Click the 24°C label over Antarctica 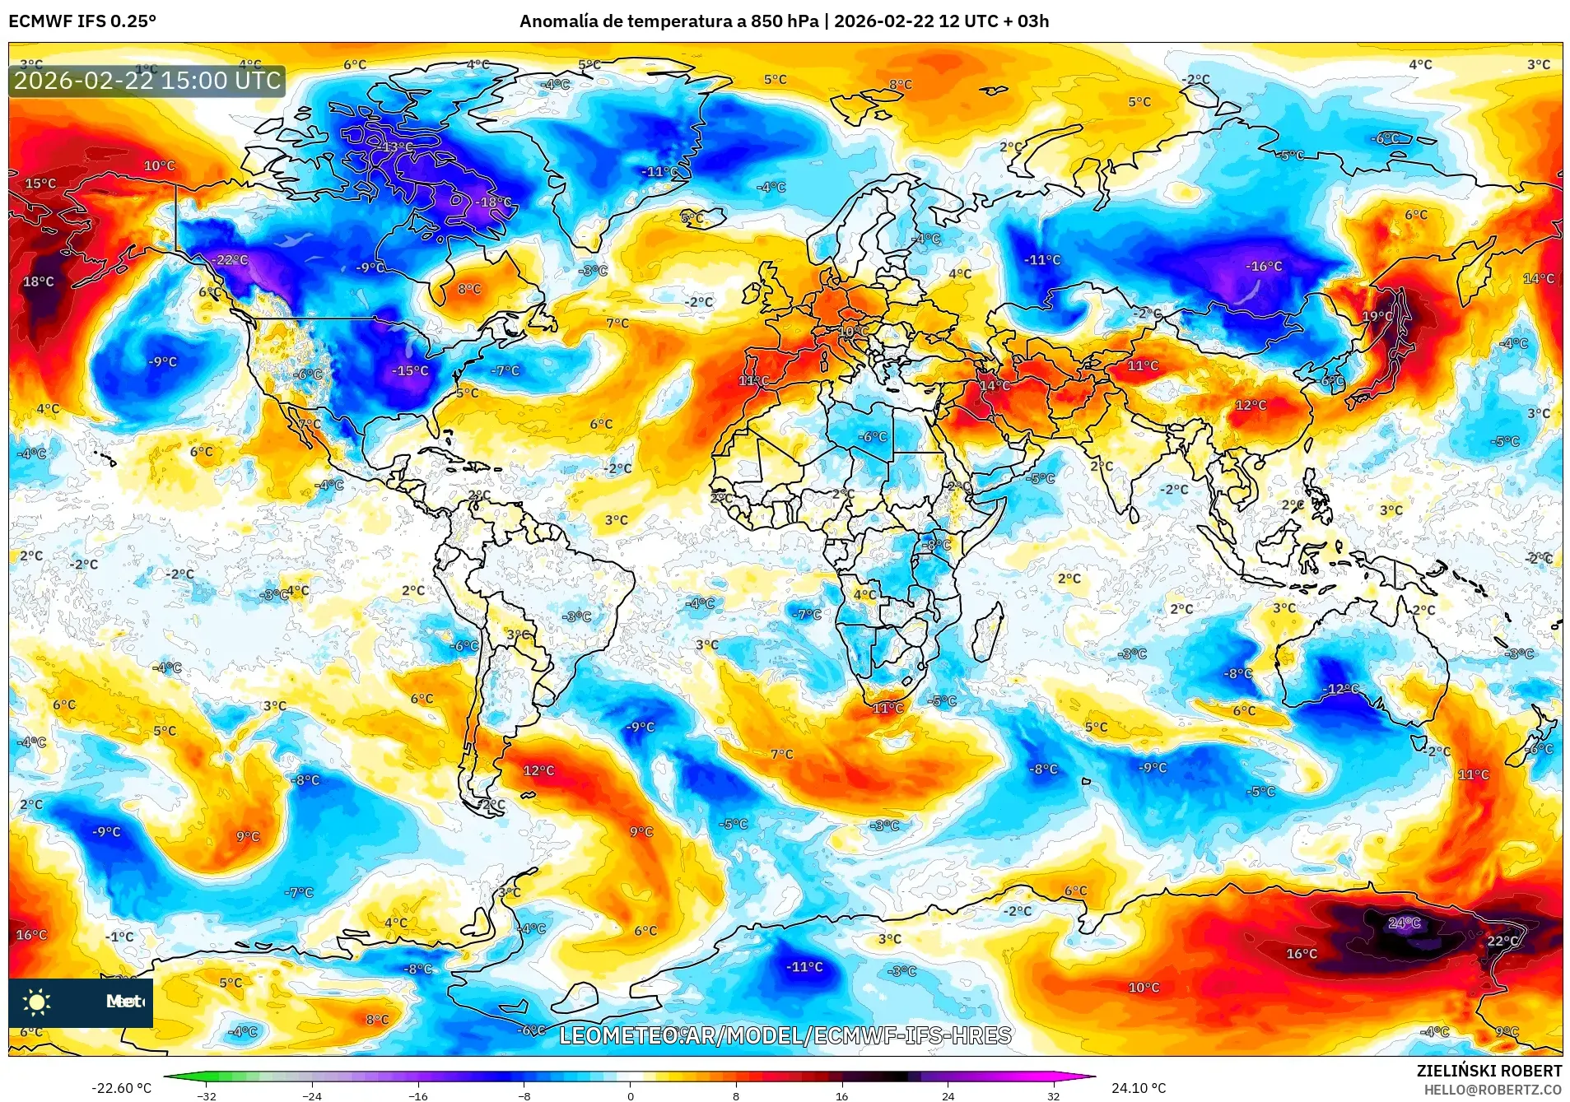coord(1404,923)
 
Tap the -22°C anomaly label coord(230,260)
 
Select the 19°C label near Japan coord(1377,316)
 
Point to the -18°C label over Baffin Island coord(493,202)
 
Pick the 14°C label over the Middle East coord(994,385)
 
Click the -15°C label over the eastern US coord(410,371)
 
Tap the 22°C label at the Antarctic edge coord(1502,941)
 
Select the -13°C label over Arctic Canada coord(396,147)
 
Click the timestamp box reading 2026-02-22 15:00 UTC coord(147,81)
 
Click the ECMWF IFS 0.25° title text coord(82,21)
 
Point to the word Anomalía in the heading coord(558,21)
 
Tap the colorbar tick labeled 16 coord(841,1095)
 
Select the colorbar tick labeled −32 coord(207,1095)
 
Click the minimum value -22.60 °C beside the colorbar coord(121,1088)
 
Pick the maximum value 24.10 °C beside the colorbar coord(1138,1088)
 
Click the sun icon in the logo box coord(37,1002)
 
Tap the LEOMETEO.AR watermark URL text coord(784,1035)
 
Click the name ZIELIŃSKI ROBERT coord(1488,1071)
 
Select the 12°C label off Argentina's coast coord(538,770)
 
